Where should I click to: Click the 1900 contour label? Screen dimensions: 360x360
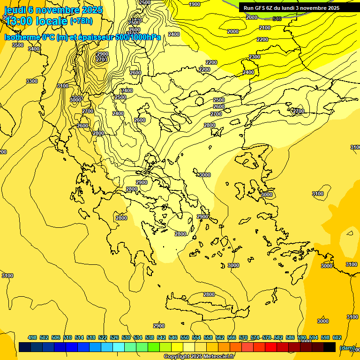[195, 4]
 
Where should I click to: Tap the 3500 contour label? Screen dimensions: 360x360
[17, 45]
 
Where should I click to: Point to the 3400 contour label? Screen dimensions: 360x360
[34, 49]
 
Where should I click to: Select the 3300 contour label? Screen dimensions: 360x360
[32, 81]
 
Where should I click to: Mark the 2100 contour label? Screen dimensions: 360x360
[265, 28]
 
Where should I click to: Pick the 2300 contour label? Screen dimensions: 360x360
[255, 57]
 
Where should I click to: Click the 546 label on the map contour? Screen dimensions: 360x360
[277, 19]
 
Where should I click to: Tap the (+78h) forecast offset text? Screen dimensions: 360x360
[81, 21]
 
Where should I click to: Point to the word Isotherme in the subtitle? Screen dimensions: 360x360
[22, 37]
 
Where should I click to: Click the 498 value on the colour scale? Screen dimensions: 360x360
[32, 337]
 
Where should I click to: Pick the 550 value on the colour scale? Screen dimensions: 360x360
[184, 337]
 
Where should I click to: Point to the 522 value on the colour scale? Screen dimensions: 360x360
[103, 337]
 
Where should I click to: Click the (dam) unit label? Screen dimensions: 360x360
[347, 348]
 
